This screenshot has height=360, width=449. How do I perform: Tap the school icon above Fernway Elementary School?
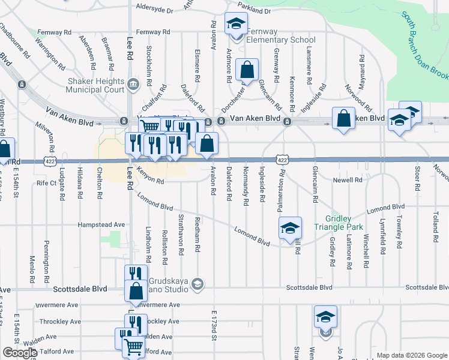pos(236,24)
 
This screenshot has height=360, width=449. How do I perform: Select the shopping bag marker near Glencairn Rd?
pos(247,70)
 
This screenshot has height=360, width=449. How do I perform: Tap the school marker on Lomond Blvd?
pos(289,228)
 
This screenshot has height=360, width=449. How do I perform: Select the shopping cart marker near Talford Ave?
pos(133,346)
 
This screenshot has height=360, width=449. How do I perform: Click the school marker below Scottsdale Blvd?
pos(325,316)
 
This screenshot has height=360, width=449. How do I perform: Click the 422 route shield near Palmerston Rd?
pos(282,160)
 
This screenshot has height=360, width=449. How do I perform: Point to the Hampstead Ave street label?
pos(101,224)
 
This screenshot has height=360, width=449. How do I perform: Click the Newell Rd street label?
pos(351,179)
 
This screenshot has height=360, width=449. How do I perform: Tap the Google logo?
pos(20,353)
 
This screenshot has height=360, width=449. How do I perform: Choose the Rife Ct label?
pos(46,182)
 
